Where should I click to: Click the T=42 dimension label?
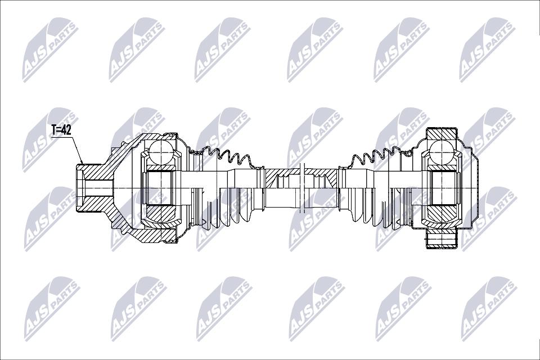pyautogui.click(x=61, y=130)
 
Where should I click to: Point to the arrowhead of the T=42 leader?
pyautogui.click(x=82, y=162)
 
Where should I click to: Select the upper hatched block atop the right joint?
pyautogui.click(x=442, y=134)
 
